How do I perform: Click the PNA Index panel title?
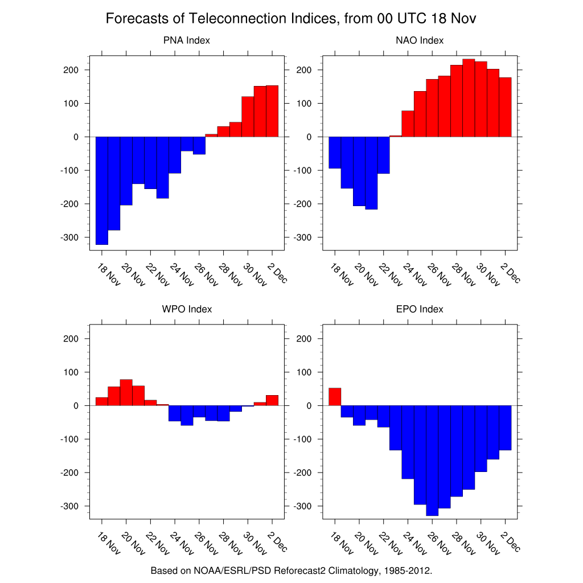click(x=187, y=40)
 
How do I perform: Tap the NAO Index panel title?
click(x=420, y=40)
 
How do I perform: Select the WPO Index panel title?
click(x=187, y=309)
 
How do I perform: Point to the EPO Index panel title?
click(x=420, y=309)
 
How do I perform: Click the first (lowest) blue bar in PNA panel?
click(x=102, y=191)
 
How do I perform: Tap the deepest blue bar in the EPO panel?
click(x=432, y=461)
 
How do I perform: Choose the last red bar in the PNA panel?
click(x=272, y=111)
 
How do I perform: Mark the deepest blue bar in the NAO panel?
click(x=371, y=173)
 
